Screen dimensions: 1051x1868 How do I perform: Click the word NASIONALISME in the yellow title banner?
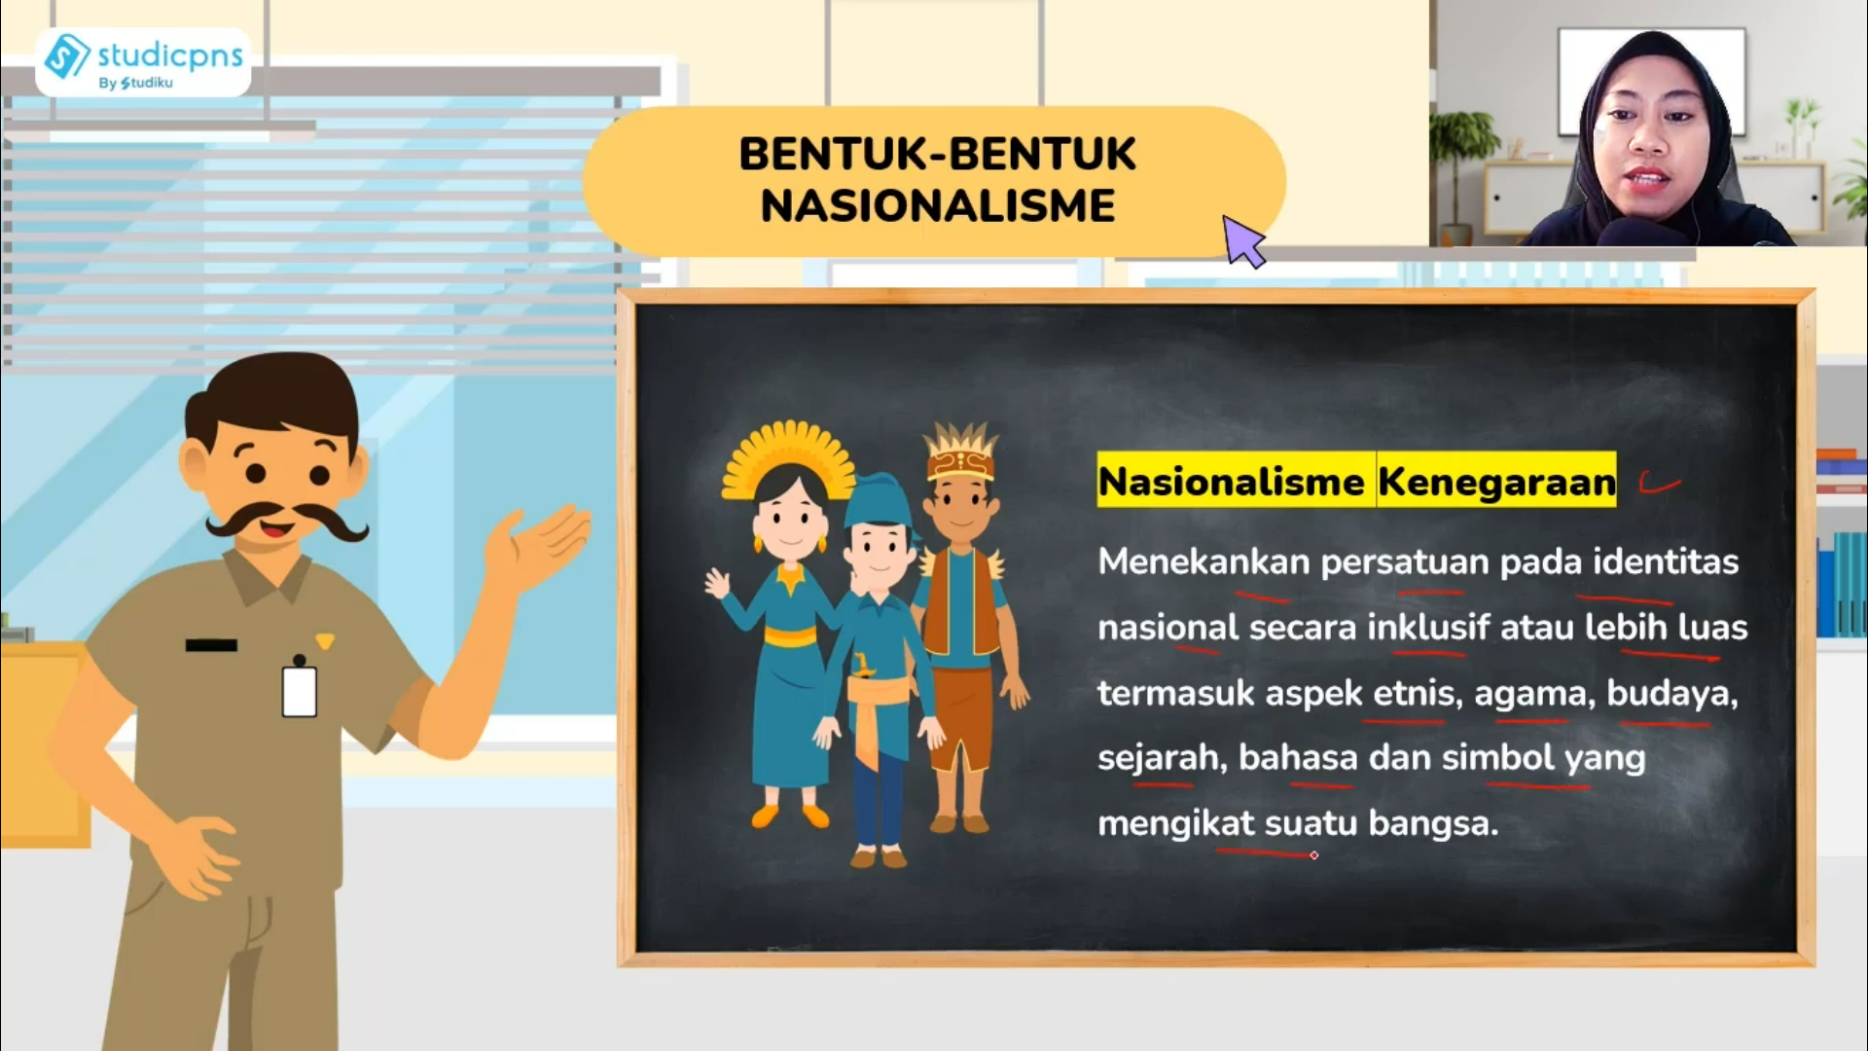tap(937, 206)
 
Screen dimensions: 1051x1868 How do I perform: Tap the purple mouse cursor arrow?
tap(1242, 239)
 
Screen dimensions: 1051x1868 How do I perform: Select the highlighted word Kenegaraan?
tap(1496, 482)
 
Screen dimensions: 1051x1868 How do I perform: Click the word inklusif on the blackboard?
tap(1427, 628)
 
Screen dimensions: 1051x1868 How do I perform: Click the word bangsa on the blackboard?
tap(1432, 823)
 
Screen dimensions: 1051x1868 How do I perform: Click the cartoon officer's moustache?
tap(286, 521)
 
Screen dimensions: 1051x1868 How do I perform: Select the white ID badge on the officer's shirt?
tap(299, 690)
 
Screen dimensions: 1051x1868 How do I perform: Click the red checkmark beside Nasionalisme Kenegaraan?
tap(1659, 483)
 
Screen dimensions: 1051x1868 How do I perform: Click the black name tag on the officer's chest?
tap(211, 645)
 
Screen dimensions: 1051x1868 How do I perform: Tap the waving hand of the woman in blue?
tap(717, 583)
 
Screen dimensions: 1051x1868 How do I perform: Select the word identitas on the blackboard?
tap(1665, 562)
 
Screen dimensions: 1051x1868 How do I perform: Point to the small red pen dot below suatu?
tap(1313, 855)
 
